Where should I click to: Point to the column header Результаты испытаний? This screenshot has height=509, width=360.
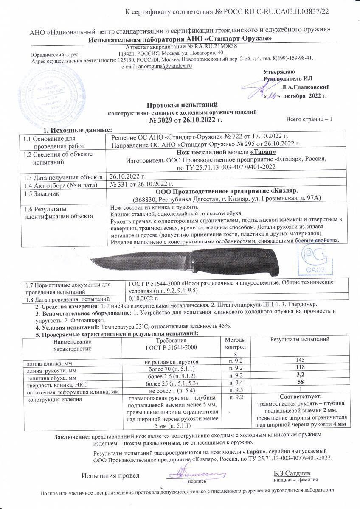pyautogui.click(x=300, y=339)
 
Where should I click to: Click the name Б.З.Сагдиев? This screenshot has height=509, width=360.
pyautogui.click(x=292, y=473)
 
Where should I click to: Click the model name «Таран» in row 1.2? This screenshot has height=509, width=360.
pyautogui.click(x=263, y=152)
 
